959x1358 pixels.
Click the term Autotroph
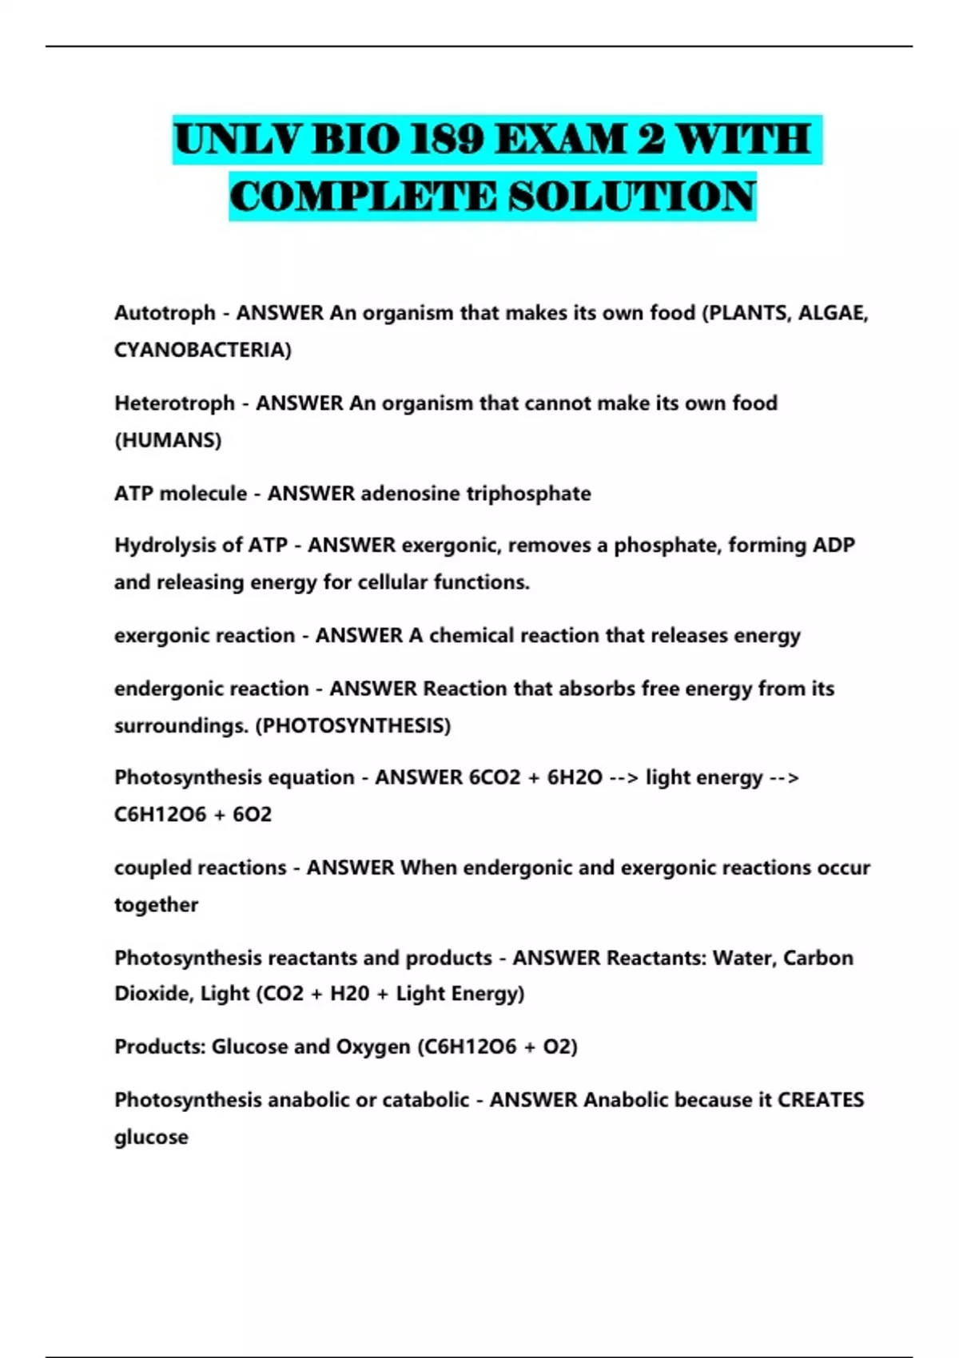(x=165, y=312)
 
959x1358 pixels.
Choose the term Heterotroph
(x=174, y=403)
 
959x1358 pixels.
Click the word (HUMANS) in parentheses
(x=168, y=440)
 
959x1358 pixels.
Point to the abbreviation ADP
(x=834, y=545)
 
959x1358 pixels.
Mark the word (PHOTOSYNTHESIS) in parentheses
(x=352, y=725)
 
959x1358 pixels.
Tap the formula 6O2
(x=253, y=814)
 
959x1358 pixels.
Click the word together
(x=156, y=905)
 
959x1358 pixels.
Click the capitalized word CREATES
(x=821, y=1099)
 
